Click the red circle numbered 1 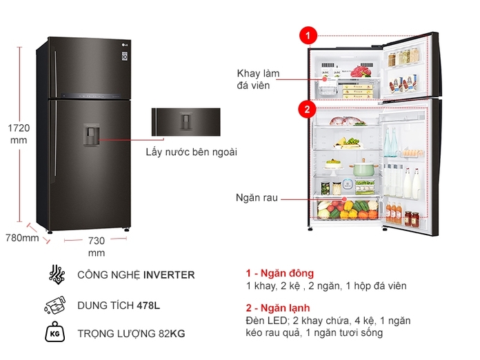pyautogui.click(x=308, y=35)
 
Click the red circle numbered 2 pyautogui.click(x=307, y=108)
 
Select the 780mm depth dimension pyautogui.click(x=22, y=239)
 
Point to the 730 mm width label pyautogui.click(x=97, y=246)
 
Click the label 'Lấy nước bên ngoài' pyautogui.click(x=191, y=152)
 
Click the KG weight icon pyautogui.click(x=55, y=334)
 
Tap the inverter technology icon pyautogui.click(x=56, y=274)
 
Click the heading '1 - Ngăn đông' pyautogui.click(x=279, y=273)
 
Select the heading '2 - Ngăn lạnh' pyautogui.click(x=277, y=308)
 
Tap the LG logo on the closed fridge pyautogui.click(x=125, y=47)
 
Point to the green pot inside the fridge pyautogui.click(x=363, y=168)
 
